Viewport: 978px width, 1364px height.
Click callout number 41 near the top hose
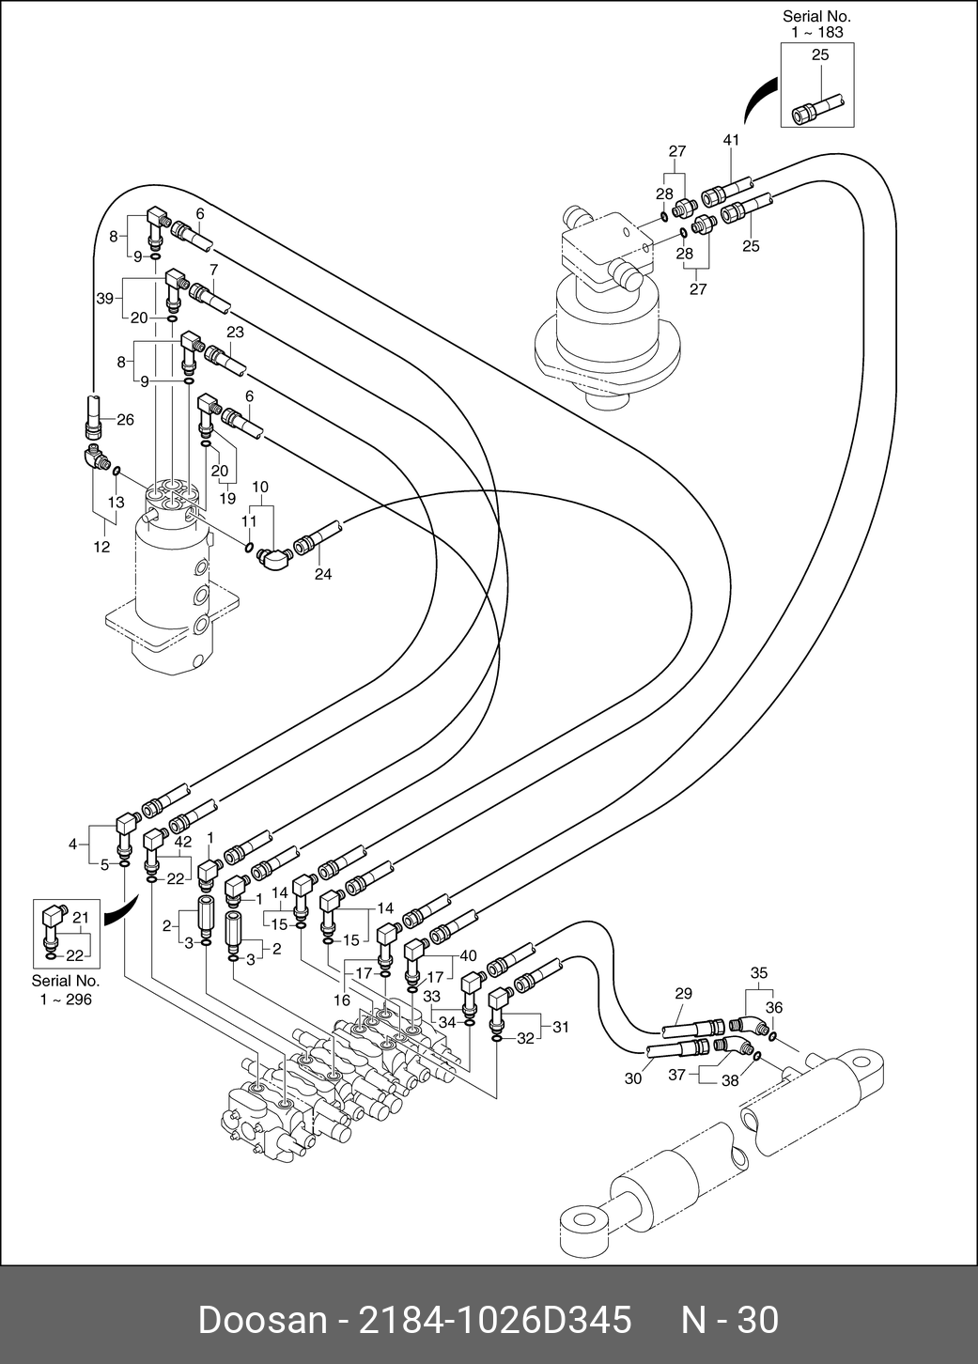732,140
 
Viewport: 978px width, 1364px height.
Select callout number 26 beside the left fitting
125,420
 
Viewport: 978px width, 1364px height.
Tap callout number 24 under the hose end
323,574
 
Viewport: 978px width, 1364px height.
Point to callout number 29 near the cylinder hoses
683,993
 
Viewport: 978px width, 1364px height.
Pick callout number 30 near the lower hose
633,1078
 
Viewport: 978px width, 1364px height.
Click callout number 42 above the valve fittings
183,842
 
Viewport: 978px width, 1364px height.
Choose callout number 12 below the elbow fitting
101,547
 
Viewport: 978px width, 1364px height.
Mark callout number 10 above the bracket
260,487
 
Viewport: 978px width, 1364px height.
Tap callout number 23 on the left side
235,332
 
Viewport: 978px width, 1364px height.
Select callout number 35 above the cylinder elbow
759,972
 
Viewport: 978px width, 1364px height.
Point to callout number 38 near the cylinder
730,1080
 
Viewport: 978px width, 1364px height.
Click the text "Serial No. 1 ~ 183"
815,23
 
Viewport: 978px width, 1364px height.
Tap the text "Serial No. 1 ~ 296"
66,990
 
